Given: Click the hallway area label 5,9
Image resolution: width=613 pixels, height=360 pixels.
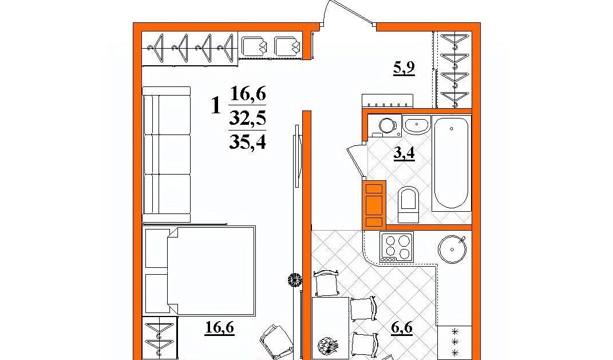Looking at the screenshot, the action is click(x=404, y=69).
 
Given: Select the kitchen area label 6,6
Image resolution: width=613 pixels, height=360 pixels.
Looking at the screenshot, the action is click(x=402, y=327).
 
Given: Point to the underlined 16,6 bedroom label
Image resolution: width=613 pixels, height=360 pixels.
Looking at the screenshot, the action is click(x=219, y=327).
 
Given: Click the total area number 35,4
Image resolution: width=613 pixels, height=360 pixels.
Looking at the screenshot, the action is click(x=247, y=141).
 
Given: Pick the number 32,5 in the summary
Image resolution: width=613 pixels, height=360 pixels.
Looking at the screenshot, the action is click(x=247, y=117).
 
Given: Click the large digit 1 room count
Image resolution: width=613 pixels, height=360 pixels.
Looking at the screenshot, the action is click(x=216, y=105).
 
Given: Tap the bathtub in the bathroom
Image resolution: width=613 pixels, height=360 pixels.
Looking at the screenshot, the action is click(x=451, y=163).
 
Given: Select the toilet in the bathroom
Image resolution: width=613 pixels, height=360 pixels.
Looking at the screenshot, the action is click(x=408, y=204).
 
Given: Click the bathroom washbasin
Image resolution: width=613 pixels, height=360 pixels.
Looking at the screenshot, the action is click(x=416, y=125).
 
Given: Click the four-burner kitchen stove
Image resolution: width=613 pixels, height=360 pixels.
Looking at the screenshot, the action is click(x=397, y=247).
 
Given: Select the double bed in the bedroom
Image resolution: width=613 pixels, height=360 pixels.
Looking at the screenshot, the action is click(x=200, y=271).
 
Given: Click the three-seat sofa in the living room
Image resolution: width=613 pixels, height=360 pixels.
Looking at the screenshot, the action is click(x=167, y=155).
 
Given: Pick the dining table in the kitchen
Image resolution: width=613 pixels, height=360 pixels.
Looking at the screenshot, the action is click(x=331, y=329).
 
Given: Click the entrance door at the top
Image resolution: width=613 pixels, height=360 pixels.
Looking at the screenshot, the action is click(x=346, y=14).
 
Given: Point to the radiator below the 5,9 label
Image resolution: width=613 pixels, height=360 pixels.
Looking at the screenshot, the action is click(x=387, y=101).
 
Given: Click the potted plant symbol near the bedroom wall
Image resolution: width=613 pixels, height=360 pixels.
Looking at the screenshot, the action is click(x=295, y=280).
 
